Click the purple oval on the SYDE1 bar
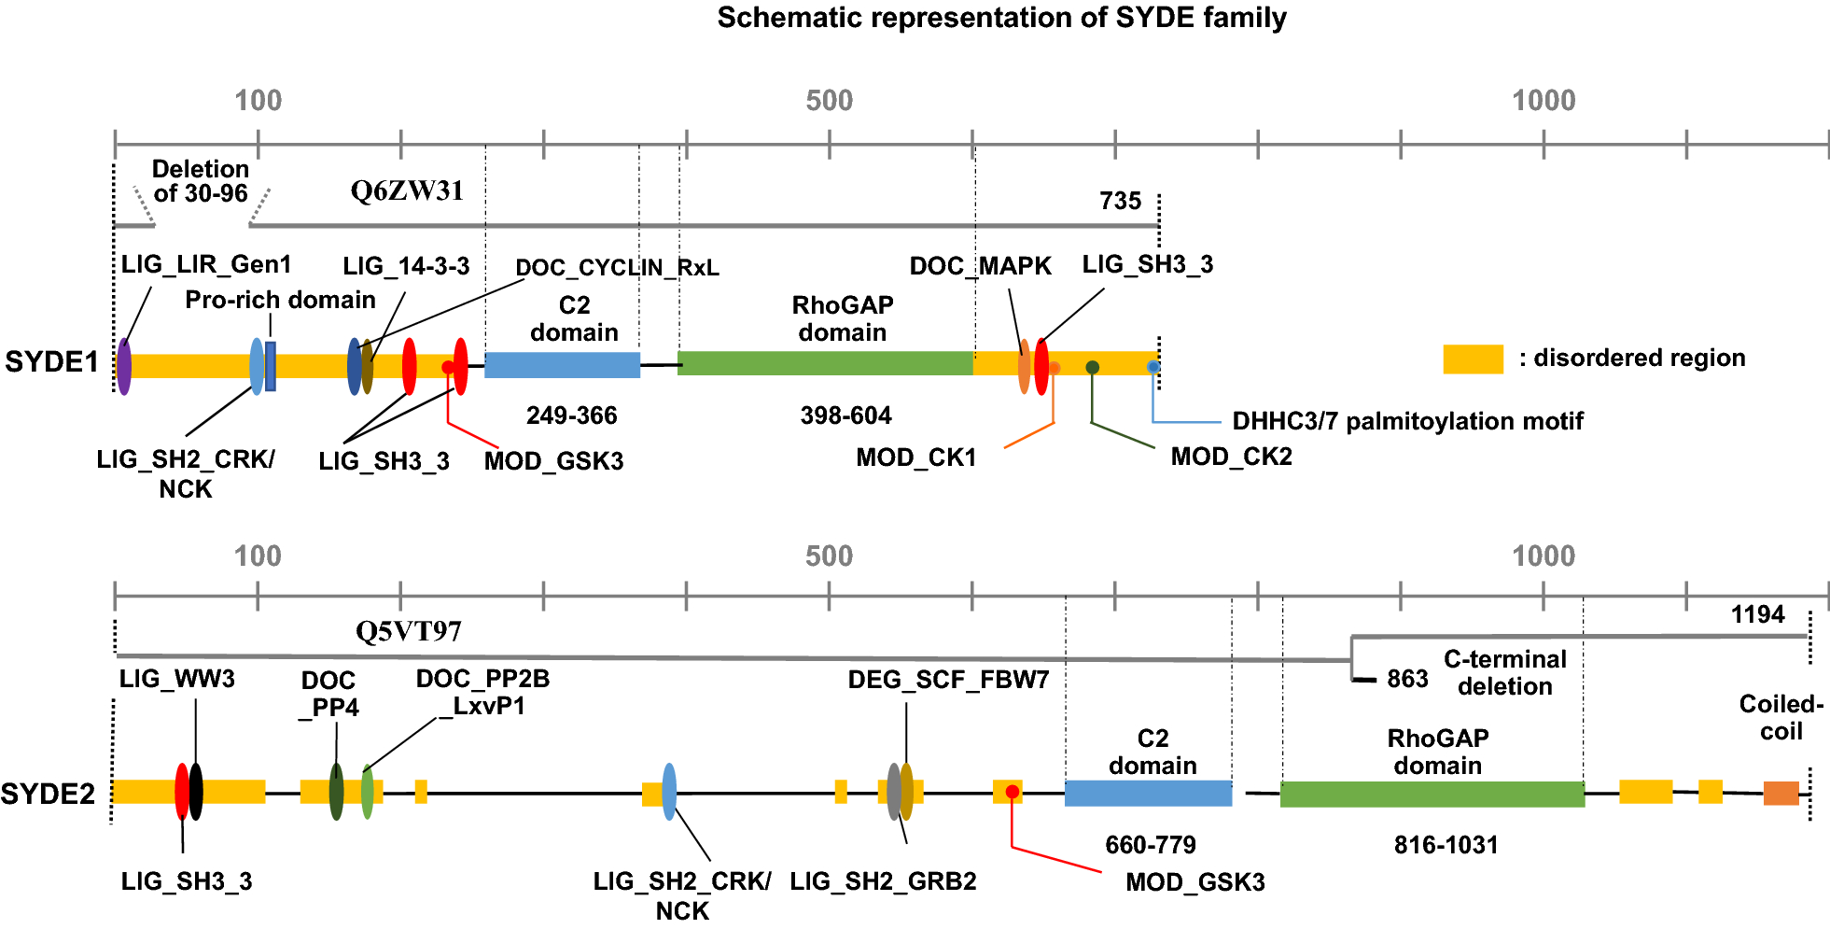point(123,366)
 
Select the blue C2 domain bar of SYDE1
point(562,365)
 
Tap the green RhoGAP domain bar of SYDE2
point(1432,795)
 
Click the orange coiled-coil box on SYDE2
point(1781,794)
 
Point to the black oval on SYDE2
point(196,792)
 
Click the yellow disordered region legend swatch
point(1473,359)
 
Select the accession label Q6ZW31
point(407,191)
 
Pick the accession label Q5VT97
point(408,632)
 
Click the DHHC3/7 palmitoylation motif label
point(1407,421)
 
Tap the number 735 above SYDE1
point(1120,201)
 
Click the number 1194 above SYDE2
point(1757,614)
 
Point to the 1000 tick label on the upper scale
point(1544,101)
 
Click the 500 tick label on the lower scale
point(829,556)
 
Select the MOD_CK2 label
point(1231,457)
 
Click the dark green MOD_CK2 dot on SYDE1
point(1092,367)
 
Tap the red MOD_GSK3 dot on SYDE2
point(1012,792)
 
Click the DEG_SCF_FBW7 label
point(948,680)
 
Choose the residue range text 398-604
point(845,415)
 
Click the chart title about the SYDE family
point(1001,18)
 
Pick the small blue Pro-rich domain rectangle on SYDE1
point(271,366)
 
